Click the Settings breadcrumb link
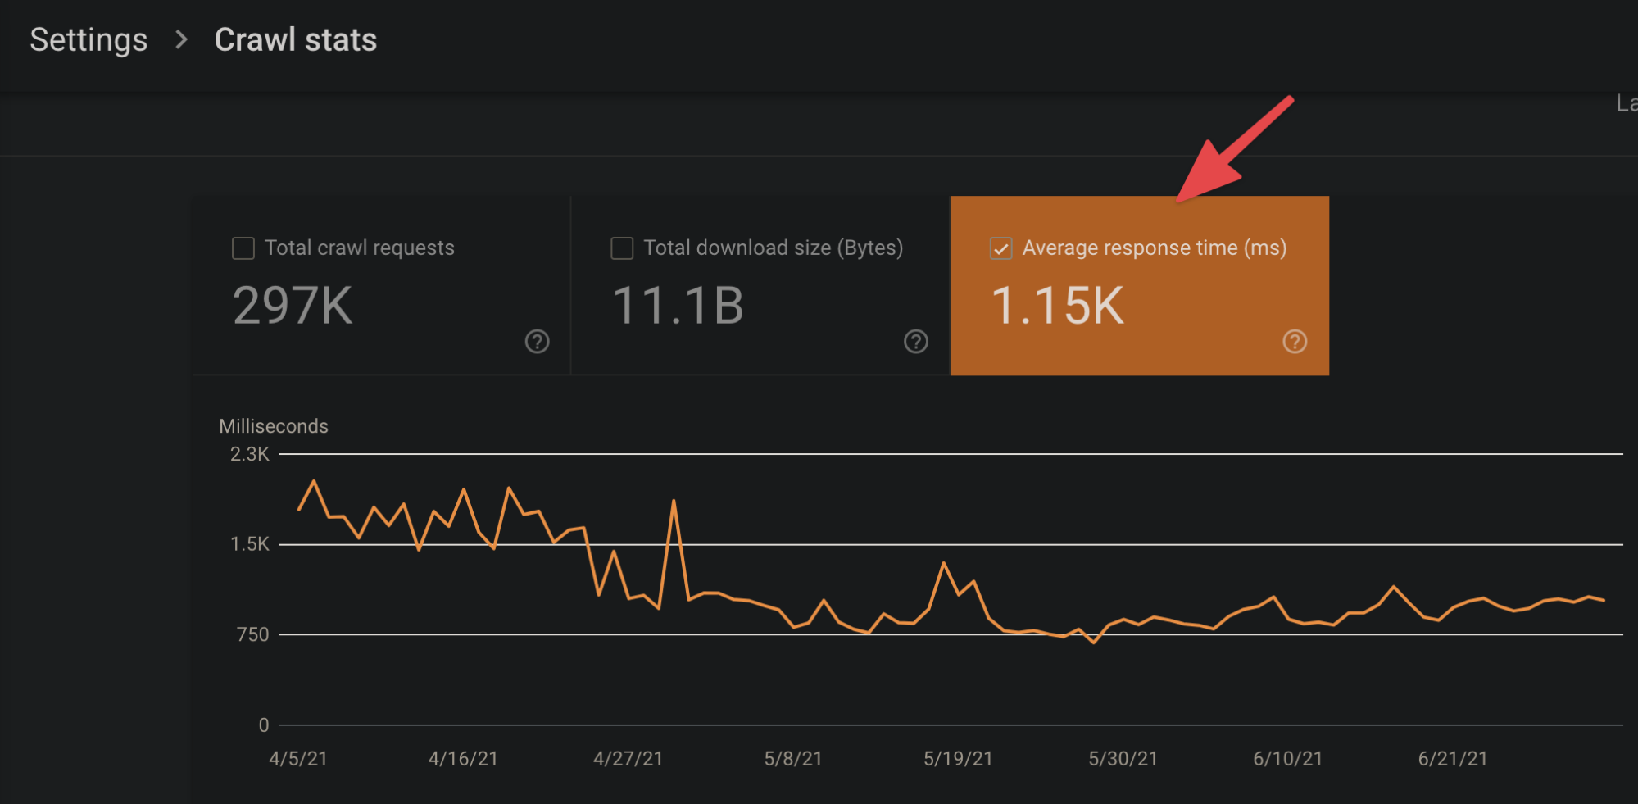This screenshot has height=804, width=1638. click(x=88, y=40)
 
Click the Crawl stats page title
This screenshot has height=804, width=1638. click(x=296, y=40)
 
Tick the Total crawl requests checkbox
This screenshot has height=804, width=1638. click(x=243, y=248)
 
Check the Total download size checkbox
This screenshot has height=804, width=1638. click(x=622, y=248)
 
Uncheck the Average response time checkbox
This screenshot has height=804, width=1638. click(x=1000, y=248)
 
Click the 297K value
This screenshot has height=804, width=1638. click(x=293, y=306)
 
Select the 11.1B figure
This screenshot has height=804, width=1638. click(x=678, y=306)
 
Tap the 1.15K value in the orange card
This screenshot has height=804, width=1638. click(x=1057, y=306)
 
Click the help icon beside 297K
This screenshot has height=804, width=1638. click(x=537, y=342)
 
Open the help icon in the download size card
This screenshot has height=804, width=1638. click(x=915, y=342)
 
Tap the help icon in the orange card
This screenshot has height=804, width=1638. click(x=1295, y=342)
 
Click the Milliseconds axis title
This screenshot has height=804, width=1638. click(x=274, y=426)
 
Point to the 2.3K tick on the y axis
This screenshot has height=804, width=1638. click(x=249, y=454)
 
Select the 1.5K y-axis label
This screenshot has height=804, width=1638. click(x=249, y=544)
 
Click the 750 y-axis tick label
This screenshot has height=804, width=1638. click(x=252, y=634)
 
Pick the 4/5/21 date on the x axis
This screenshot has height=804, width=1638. click(x=298, y=759)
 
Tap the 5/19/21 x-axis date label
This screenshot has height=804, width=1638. click(x=958, y=759)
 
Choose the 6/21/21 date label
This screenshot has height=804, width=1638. click(x=1453, y=759)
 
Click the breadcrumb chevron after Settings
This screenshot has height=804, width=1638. click(x=182, y=39)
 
